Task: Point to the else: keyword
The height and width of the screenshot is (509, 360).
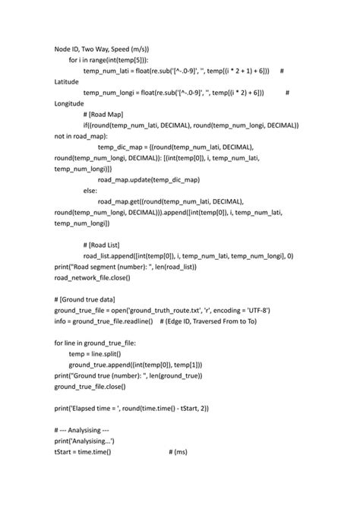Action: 90,190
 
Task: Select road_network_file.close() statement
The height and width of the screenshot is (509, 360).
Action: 92,277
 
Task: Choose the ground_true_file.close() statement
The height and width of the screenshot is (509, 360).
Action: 89,387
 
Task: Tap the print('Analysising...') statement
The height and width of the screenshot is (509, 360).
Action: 84,441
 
